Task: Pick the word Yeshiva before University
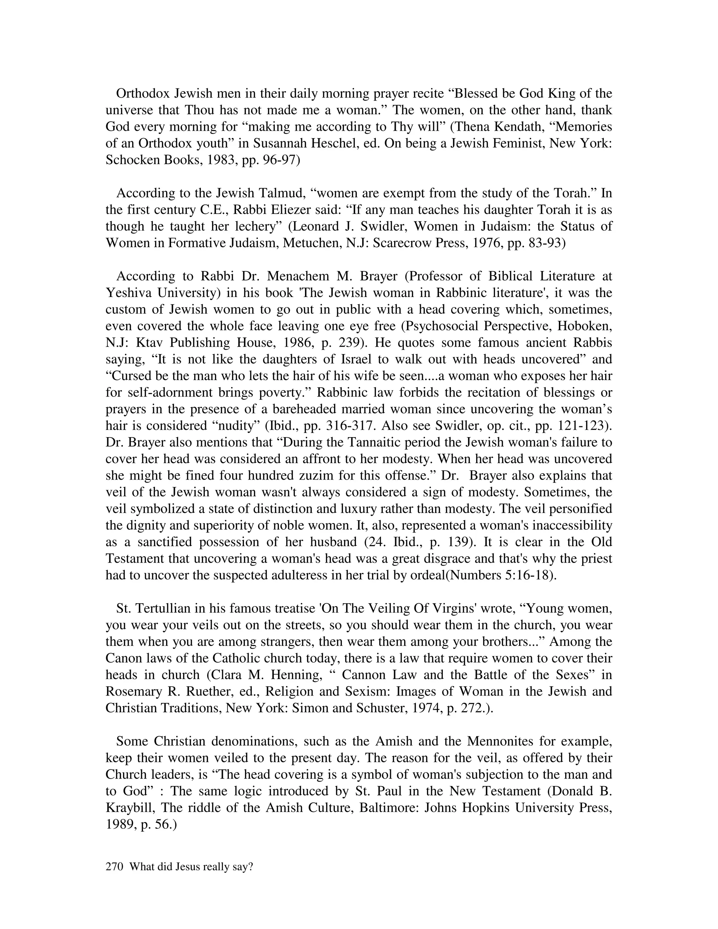click(x=129, y=293)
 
